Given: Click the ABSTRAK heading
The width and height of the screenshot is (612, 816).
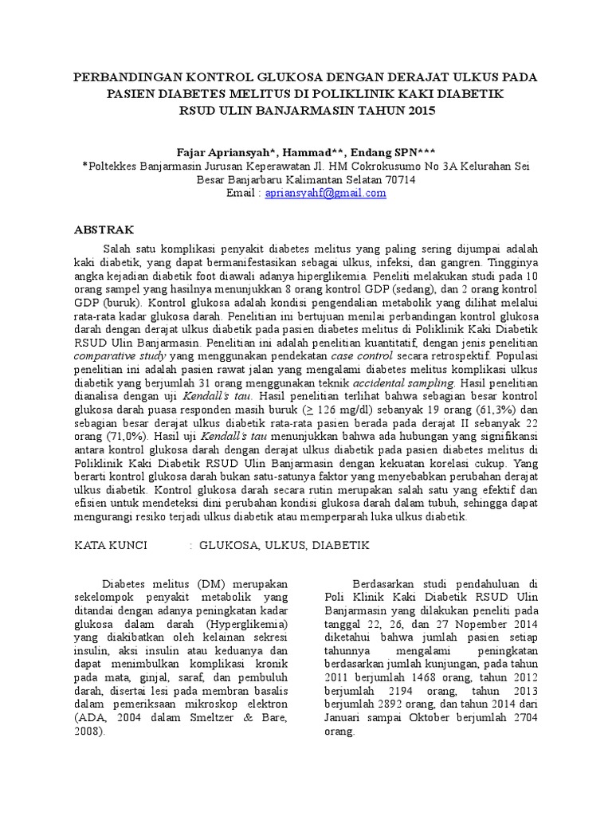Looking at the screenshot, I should point(105,228).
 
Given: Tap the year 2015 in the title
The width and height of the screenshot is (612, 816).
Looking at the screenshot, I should point(421,111).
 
